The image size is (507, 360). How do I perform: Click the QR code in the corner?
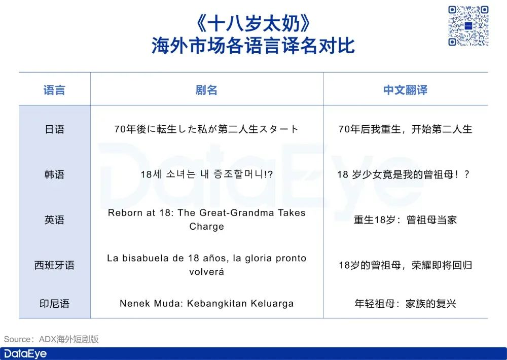point(468,26)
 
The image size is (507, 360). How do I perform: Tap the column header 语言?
point(54,90)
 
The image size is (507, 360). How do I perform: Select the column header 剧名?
point(206,90)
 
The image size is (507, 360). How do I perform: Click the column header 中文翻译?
point(405,90)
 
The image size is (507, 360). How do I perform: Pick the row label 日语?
point(54,129)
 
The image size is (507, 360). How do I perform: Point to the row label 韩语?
point(54,174)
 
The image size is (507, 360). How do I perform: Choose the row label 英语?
point(54,220)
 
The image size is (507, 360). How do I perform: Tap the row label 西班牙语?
point(54,265)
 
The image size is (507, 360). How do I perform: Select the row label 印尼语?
point(54,303)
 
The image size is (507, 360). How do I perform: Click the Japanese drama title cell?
point(206,129)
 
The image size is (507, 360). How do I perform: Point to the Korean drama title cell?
point(207,174)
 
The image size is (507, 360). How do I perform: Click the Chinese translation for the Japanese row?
point(405,129)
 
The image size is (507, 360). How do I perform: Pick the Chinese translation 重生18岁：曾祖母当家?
point(405,220)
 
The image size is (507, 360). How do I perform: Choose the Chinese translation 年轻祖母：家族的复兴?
point(405,303)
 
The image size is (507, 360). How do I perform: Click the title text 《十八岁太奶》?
point(253,23)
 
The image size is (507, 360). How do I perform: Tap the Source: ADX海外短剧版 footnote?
point(51,339)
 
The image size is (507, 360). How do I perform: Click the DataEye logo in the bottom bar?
point(25,353)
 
